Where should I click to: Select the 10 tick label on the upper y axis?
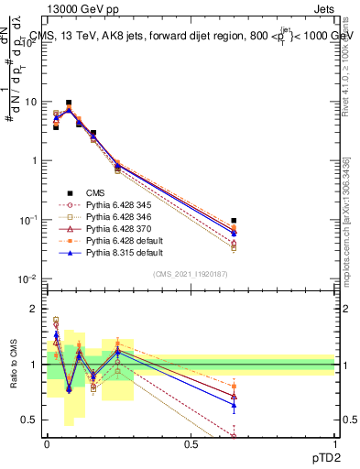[x=33, y=102]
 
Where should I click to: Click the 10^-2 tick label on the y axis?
[x=29, y=278]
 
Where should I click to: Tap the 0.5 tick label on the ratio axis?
[x=33, y=421]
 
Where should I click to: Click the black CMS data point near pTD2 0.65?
[x=235, y=221]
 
